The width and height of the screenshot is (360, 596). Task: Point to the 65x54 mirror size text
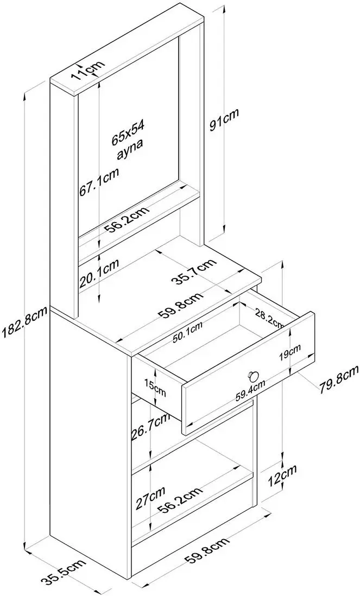(126, 137)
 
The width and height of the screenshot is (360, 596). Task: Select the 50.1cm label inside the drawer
(188, 332)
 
